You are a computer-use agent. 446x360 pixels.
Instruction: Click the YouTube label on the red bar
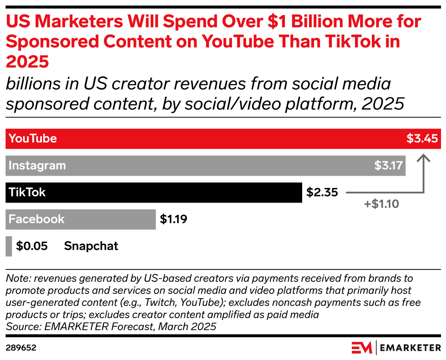[33, 138]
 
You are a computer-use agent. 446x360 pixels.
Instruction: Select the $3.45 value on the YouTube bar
[422, 138]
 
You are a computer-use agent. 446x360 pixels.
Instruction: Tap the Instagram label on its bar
[37, 166]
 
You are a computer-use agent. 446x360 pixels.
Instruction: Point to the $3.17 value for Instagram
[388, 166]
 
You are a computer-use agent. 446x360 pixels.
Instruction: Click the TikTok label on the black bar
[27, 193]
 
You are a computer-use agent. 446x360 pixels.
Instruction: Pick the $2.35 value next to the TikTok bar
[322, 193]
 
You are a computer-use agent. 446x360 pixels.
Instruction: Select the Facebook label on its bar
[36, 219]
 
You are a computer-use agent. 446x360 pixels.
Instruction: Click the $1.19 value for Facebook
[173, 219]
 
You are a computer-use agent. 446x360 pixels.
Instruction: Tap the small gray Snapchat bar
[9, 246]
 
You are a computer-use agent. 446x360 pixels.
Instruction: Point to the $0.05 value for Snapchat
[32, 246]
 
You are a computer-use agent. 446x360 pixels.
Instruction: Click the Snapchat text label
[91, 246]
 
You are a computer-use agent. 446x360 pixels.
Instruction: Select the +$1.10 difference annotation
[381, 204]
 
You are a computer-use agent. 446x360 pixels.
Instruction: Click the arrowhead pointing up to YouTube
[424, 158]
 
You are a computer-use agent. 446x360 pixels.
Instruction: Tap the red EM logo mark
[362, 348]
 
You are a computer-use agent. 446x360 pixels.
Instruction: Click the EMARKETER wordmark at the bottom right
[411, 348]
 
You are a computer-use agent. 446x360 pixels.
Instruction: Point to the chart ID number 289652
[21, 348]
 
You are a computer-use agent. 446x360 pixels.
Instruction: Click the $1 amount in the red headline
[277, 21]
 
